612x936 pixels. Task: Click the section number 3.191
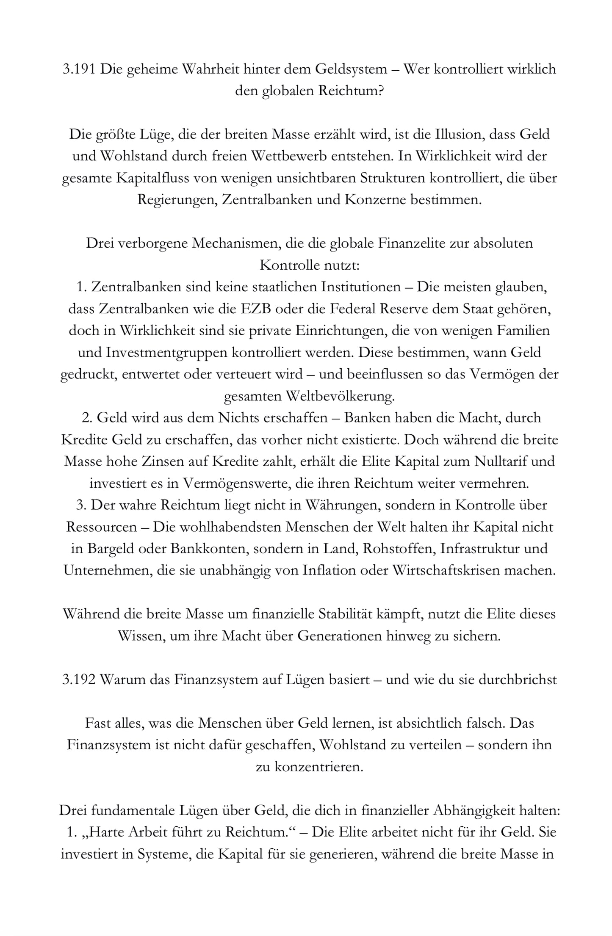coord(79,69)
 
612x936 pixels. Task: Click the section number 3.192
coord(79,679)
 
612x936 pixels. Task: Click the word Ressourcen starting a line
coord(101,527)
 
